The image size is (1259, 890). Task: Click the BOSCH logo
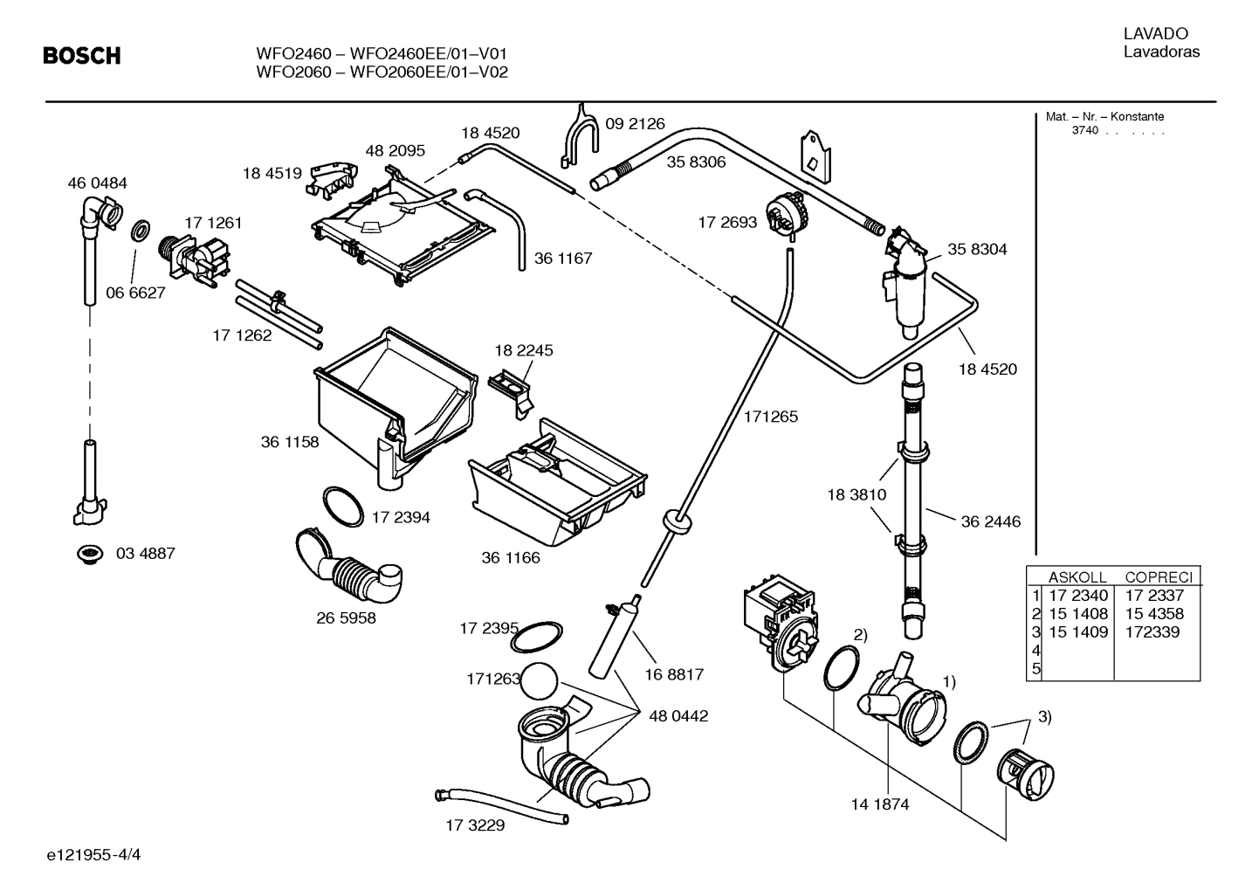82,57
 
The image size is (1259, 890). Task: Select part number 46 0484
97,183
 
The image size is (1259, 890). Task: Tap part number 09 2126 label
635,124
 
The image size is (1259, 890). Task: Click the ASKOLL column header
1077,577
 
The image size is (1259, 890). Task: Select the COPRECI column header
1158,577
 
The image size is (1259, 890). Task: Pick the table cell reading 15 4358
1154,614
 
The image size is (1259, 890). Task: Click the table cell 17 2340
1077,596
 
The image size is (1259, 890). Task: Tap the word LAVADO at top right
1155,34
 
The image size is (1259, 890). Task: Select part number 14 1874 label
879,804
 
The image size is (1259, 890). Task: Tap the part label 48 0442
678,716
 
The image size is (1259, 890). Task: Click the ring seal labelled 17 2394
342,507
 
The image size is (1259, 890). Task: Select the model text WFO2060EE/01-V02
429,72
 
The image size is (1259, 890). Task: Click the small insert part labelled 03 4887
88,554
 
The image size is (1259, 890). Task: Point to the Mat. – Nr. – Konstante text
1104,117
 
